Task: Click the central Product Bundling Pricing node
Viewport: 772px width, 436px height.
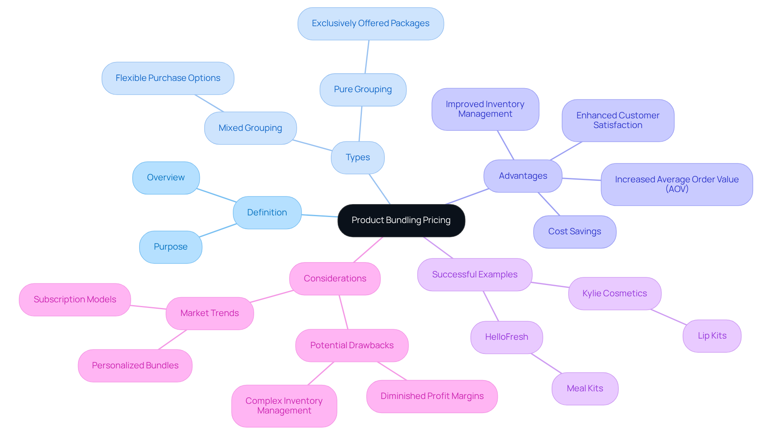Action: [x=401, y=220]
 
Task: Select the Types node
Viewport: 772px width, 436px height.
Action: [x=357, y=157]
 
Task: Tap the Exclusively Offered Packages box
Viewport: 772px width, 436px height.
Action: [x=370, y=23]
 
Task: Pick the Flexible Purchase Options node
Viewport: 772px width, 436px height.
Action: [x=168, y=78]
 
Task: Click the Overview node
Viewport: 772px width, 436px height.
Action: [x=166, y=178]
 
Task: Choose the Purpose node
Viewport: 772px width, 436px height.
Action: [x=170, y=247]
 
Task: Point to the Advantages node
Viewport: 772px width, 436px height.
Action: [x=523, y=176]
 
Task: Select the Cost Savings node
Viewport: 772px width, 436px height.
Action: [x=574, y=231]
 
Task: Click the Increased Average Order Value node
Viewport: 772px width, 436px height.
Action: [x=676, y=184]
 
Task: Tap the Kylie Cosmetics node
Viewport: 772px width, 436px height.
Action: [x=614, y=293]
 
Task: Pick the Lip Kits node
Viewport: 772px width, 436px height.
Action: [x=712, y=336]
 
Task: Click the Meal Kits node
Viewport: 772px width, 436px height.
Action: [x=585, y=388]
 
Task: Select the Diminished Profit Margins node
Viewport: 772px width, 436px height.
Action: [x=432, y=396]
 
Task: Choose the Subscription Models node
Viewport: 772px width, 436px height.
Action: [x=75, y=300]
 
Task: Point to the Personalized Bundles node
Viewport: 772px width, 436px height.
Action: [x=135, y=366]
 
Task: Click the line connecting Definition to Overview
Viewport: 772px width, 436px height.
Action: [x=216, y=195]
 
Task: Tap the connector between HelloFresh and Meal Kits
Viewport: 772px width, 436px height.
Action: [x=546, y=364]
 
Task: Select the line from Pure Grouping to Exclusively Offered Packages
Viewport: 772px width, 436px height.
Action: [x=367, y=57]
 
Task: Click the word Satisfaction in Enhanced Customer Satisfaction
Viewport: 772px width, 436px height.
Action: [x=618, y=125]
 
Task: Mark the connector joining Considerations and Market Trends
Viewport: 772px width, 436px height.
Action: [x=271, y=296]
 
